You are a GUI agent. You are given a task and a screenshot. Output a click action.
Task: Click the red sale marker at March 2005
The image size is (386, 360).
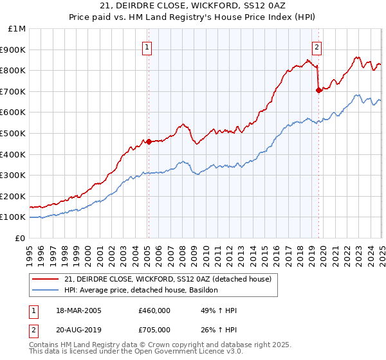coord(149,141)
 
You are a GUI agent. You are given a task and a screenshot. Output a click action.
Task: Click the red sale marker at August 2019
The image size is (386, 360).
coord(318,90)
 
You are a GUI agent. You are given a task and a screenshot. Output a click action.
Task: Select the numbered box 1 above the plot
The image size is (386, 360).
coord(148,46)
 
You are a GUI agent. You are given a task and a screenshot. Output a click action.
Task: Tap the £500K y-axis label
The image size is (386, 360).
coord(13,133)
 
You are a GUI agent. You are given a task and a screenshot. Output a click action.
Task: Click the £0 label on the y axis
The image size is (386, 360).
coord(19,238)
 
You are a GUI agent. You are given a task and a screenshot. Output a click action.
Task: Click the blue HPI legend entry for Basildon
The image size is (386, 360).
coord(142,291)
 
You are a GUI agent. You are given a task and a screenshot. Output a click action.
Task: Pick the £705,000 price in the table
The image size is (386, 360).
coord(154,330)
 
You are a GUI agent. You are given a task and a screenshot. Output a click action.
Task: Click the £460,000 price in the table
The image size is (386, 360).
coord(154,310)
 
